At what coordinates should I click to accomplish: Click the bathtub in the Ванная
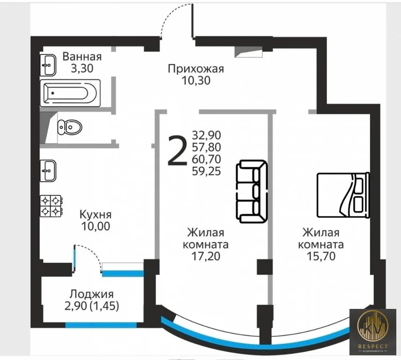[69, 92]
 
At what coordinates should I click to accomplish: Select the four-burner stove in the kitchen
[51, 206]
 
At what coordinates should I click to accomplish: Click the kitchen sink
[48, 171]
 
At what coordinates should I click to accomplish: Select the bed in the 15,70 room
[343, 195]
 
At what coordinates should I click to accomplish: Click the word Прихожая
[196, 69]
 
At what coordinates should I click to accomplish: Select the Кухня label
[95, 215]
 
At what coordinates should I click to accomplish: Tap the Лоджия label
[91, 294]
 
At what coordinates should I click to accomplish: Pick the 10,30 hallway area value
[196, 81]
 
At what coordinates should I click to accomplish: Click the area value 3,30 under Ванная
[82, 68]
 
